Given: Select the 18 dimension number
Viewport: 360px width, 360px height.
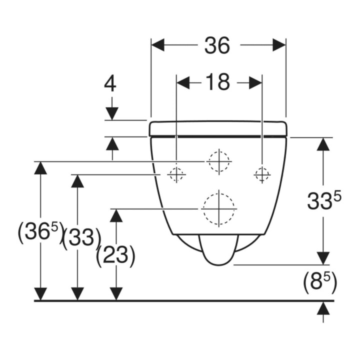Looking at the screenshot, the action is pos(217,82).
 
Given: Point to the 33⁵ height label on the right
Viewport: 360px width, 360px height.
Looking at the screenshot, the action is pos(324,200).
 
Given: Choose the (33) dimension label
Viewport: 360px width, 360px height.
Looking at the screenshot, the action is pos(81,239).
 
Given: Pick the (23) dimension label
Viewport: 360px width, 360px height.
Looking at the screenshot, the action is pos(115,256).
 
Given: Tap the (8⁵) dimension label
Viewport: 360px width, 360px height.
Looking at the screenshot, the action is pos(320,282).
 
